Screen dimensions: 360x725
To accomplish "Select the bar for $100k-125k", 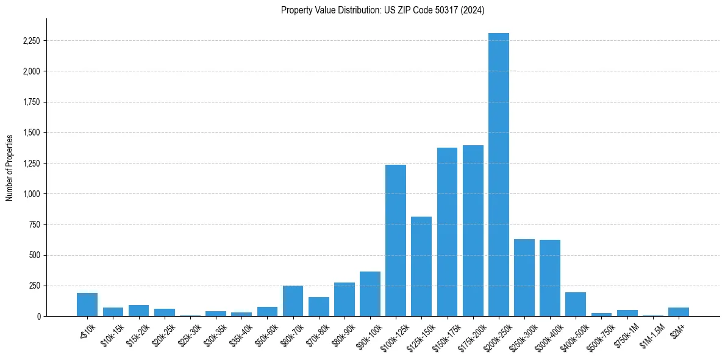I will pyautogui.click(x=396, y=240).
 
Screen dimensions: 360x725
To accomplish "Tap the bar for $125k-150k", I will pyautogui.click(x=421, y=266).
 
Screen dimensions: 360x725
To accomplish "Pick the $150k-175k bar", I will pyautogui.click(x=447, y=232).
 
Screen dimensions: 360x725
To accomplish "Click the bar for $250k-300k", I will pyautogui.click(x=524, y=278).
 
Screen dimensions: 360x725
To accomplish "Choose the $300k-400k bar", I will pyautogui.click(x=550, y=278).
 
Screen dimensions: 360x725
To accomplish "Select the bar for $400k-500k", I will pyautogui.click(x=576, y=304).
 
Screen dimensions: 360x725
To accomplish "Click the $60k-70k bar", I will pyautogui.click(x=293, y=301).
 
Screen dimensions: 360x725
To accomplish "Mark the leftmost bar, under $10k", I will pyautogui.click(x=87, y=304).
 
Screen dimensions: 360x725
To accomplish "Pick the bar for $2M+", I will pyautogui.click(x=679, y=312).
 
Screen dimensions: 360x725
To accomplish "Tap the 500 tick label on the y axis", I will pyautogui.click(x=35, y=255).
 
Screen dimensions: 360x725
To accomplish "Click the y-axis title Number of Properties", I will pyautogui.click(x=10, y=167).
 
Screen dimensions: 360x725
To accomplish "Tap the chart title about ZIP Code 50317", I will pyautogui.click(x=382, y=10).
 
